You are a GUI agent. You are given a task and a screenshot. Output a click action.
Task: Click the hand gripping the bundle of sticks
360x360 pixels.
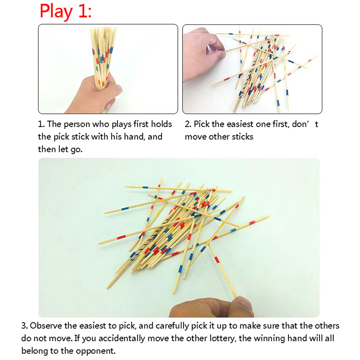click(x=94, y=93)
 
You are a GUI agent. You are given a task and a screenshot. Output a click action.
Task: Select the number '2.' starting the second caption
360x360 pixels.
click(x=188, y=124)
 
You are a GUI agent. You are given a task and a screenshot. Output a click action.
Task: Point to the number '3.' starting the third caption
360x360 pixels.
click(x=25, y=326)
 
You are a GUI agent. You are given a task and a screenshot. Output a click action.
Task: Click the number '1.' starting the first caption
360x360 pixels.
click(x=41, y=124)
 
